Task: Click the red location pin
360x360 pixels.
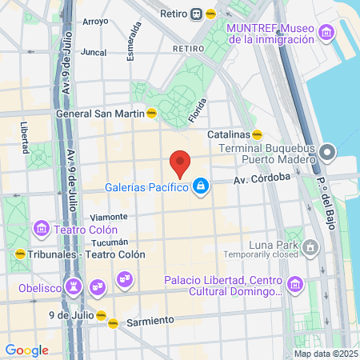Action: coord(181,163)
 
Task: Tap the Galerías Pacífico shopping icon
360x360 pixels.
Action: coord(202,187)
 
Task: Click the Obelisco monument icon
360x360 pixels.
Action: coord(74,286)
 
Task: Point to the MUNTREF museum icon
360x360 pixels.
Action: coord(326,33)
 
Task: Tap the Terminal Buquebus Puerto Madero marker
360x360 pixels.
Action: coord(326,152)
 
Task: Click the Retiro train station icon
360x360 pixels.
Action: coord(196,14)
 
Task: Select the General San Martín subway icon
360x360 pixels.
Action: coord(151,114)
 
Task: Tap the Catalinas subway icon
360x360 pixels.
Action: coord(258,134)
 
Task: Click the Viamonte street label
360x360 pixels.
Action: coord(109,217)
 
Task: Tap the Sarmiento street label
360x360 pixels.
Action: coord(150,321)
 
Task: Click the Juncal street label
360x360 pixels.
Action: coord(94,53)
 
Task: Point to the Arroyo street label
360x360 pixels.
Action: coord(95,22)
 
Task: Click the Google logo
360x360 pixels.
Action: coord(26,350)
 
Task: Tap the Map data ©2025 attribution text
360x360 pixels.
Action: coord(326,354)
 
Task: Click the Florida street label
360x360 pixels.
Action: coord(197,110)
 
